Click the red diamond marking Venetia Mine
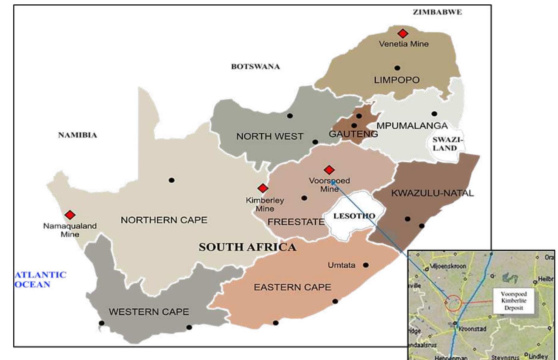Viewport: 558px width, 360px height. (402, 34)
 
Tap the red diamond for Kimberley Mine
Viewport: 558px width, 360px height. (263, 188)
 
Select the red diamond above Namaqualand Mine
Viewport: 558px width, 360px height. (70, 215)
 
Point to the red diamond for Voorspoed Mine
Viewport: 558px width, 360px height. (329, 170)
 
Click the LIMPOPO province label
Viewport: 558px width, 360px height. (396, 80)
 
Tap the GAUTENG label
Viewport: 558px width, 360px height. (353, 134)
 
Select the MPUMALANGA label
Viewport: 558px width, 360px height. (412, 126)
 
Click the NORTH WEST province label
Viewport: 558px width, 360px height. (270, 136)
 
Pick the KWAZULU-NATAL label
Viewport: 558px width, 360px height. (432, 193)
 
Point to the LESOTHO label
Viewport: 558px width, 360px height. (354, 216)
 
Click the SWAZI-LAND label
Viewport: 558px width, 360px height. (447, 144)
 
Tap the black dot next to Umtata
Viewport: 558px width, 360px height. (366, 265)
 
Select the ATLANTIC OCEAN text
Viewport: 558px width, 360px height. (40, 280)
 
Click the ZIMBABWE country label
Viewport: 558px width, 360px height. (437, 12)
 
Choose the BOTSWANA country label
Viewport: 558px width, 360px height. (255, 66)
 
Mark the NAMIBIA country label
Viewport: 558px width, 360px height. (77, 135)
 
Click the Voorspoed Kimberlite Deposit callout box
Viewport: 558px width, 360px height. (514, 301)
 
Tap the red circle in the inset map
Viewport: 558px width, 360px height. (453, 304)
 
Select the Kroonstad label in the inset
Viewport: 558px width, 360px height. (472, 329)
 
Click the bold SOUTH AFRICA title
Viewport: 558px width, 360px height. (247, 247)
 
